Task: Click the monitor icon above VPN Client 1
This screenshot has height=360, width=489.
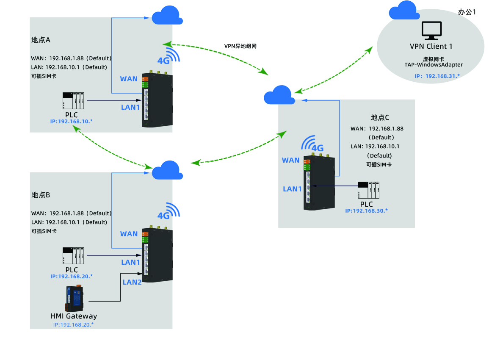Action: coord(431,31)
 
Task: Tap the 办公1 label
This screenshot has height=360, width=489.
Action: coord(467,12)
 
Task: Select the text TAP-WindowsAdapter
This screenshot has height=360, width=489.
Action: coord(433,65)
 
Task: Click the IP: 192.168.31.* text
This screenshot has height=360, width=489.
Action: coord(437,76)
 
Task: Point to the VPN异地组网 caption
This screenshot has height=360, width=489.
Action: coord(240,46)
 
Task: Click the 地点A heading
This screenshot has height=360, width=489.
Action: coord(41,40)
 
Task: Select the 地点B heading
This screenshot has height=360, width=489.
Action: coord(41,195)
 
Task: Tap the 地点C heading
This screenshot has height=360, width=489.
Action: coord(380,117)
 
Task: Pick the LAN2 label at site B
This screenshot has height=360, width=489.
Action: coord(132,282)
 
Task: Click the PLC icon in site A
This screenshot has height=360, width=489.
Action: coord(73,101)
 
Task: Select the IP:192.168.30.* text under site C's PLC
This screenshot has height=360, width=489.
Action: coord(366,210)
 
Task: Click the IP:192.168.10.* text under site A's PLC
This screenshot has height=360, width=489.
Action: coord(72,122)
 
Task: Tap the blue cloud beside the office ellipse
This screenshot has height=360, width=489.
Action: coord(404,11)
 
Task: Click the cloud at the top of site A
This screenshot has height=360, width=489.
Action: coord(167,16)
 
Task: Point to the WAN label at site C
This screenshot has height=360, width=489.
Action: coord(291,160)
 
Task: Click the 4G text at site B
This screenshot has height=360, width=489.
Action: coord(163,216)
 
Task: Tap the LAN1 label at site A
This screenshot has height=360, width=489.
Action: coord(130,107)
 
